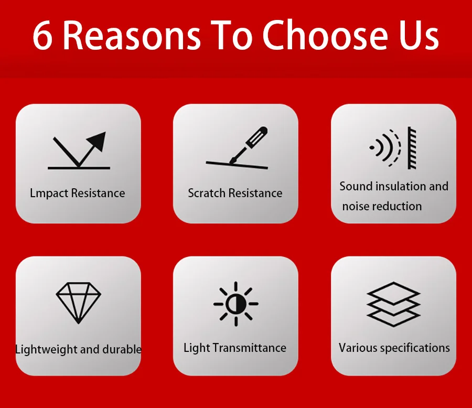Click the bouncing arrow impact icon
(78, 151)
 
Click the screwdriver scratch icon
(237, 147)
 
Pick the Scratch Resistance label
(235, 193)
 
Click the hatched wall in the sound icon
(412, 147)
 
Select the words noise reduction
(382, 206)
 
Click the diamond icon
(79, 303)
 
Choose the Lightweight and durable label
(78, 349)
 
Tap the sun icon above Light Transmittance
(235, 304)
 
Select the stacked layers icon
(393, 304)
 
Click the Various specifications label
(394, 348)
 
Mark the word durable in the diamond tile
(122, 349)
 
